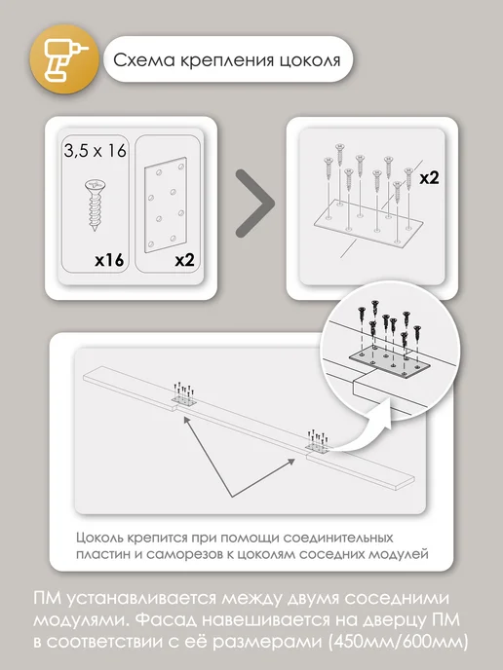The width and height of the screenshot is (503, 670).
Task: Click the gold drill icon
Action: click(64, 60)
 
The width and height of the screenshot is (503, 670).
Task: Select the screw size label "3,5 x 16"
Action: click(95, 150)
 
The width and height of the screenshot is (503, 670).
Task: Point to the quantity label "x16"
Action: click(109, 260)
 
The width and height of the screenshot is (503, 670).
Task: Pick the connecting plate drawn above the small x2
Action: click(166, 205)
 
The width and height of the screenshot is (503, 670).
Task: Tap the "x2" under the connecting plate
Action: click(184, 260)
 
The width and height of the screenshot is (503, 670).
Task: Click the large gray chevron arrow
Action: click(255, 204)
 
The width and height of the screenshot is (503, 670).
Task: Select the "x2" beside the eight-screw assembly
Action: click(429, 177)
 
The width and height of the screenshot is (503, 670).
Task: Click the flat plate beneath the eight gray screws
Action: click(368, 224)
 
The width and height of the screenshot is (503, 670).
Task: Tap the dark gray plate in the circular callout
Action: click(390, 363)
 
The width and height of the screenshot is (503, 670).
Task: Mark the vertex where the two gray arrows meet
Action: click(232, 497)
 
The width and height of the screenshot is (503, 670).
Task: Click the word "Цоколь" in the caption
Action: click(100, 538)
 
